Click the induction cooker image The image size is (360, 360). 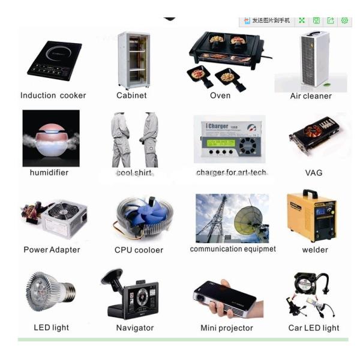coord(53,61)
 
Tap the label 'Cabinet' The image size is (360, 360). coord(131,95)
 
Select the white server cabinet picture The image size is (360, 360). coord(133,59)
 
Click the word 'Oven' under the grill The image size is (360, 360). coord(220,95)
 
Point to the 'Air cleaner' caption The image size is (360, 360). coord(311,96)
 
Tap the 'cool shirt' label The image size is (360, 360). coord(134,173)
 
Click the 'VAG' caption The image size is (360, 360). coord(313,173)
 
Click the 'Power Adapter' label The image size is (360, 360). coord(52,250)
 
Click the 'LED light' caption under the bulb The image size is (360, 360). coord(52,328)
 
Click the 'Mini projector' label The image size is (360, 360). coord(227,328)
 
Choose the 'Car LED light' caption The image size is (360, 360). coord(314,328)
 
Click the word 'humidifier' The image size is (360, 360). coord(49,173)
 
